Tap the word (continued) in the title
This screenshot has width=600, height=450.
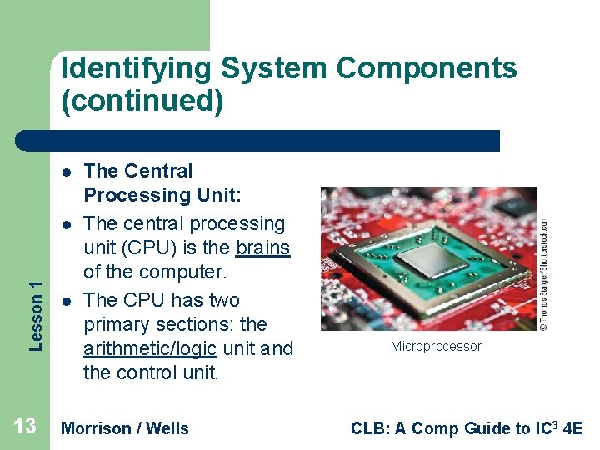tap(142, 102)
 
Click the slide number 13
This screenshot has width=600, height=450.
tap(25, 427)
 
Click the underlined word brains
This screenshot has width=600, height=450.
tap(262, 248)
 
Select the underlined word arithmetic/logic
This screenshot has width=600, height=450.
tap(150, 348)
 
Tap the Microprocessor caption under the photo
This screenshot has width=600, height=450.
tap(436, 347)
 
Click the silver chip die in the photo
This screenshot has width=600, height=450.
tap(430, 260)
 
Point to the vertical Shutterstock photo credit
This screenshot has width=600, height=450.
tap(543, 273)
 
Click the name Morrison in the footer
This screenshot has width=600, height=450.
tap(97, 428)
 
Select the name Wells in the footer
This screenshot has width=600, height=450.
tap(168, 428)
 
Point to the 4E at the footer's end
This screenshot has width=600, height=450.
tap(574, 428)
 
